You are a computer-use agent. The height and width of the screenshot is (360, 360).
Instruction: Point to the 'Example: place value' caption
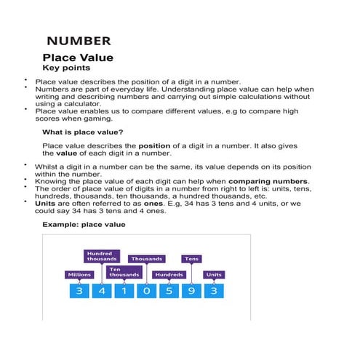[x=84, y=225]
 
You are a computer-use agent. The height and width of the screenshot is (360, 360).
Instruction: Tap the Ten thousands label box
[x=124, y=272]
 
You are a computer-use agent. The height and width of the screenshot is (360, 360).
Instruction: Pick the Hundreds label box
[x=169, y=275]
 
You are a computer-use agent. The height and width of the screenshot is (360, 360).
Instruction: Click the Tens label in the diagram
[x=191, y=259]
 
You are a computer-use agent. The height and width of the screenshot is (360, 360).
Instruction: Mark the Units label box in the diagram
[x=213, y=275]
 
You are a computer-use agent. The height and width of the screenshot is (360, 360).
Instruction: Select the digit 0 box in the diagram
[x=146, y=291]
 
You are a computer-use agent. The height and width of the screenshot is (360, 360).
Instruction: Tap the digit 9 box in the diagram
[x=191, y=291]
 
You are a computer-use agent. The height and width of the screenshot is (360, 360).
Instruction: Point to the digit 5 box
[x=169, y=291]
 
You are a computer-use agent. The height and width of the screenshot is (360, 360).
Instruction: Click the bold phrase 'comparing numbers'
[x=268, y=181]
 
